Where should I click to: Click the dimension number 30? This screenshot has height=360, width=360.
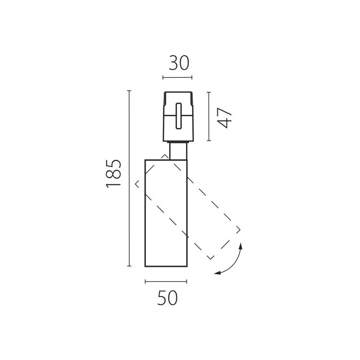tap(179, 63)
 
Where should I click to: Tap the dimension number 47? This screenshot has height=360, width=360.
tap(224, 118)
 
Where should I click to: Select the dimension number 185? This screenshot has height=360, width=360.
tap(113, 174)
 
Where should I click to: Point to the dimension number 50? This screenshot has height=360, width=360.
tap(167, 298)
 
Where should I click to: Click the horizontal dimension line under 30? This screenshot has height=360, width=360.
tap(177, 78)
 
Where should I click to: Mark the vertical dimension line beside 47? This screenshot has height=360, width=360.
tap(209, 117)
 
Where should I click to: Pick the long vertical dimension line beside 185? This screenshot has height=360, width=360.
tap(129, 179)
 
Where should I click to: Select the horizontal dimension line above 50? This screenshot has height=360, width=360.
tap(166, 281)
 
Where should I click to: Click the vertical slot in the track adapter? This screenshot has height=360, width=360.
tap(179, 116)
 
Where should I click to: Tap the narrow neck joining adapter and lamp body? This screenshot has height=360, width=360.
tap(178, 151)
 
